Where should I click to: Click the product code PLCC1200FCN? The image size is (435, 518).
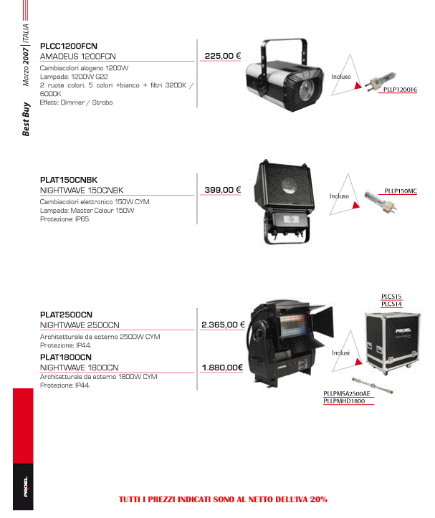68,46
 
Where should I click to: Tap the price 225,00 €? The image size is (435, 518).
223,56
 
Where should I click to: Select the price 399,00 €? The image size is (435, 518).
223,190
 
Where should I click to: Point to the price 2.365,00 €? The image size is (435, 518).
223,325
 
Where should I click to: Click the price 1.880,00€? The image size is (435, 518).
222,368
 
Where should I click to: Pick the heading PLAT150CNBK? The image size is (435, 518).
69,180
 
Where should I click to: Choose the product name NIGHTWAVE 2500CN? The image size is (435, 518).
80,325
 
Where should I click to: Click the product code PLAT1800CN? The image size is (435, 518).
66,357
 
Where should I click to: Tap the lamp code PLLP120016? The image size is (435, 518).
400,90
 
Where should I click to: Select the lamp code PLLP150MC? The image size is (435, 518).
401,191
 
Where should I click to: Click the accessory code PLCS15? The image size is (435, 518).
391,297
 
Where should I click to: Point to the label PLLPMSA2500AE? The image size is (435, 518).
347,393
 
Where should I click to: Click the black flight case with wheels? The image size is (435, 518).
392,342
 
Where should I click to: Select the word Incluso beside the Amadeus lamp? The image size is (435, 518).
341,77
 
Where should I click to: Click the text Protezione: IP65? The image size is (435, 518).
64,219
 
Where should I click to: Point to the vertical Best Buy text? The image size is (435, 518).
26,119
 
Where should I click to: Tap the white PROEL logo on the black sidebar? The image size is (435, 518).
26,486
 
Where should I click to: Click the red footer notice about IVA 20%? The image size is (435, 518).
223,499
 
